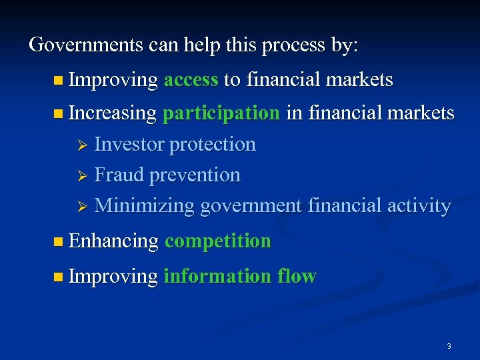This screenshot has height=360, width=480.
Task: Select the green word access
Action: point(191,80)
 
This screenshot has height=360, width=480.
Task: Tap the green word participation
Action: point(221,113)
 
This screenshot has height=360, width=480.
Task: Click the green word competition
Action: point(218,241)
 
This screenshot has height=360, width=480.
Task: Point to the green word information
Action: point(215,276)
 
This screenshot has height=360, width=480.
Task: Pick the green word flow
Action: point(295,276)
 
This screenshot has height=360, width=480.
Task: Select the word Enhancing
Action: point(113,241)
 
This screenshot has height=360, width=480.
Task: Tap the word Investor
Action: point(129,144)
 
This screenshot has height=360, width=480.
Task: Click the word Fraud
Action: point(119,175)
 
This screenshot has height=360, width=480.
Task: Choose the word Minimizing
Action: point(145,205)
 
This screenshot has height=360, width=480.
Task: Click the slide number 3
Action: point(449,346)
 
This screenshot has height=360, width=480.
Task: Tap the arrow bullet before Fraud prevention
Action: point(83,175)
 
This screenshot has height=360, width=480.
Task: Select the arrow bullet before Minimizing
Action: point(83,206)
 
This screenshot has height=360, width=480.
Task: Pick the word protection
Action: point(213,144)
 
